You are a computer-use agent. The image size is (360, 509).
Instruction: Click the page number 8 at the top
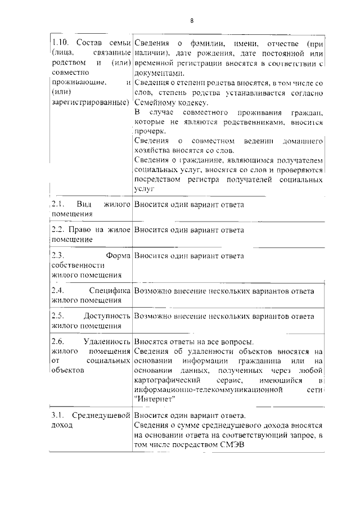(191, 21)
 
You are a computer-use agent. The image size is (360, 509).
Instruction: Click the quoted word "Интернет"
(156, 399)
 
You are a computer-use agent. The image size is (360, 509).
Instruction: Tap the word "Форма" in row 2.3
(118, 256)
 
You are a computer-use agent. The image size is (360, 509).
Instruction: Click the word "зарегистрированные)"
(90, 102)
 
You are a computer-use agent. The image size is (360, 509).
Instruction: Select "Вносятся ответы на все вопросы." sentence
(193, 341)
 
